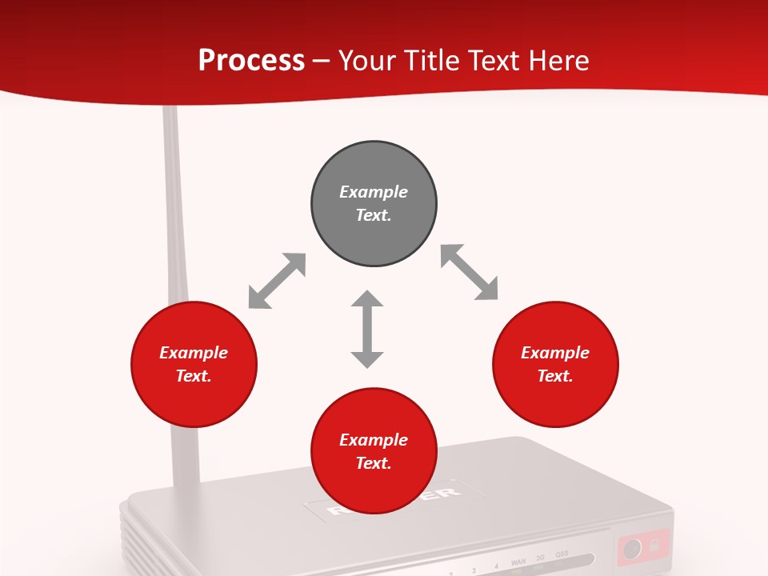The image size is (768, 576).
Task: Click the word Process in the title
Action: click(x=251, y=61)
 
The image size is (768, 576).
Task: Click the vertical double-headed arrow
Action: click(x=367, y=330)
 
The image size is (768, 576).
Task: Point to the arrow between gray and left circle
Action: click(x=277, y=281)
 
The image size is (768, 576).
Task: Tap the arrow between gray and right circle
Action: click(x=470, y=273)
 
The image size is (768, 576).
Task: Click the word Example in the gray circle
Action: click(x=374, y=192)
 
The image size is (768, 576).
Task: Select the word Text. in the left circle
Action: click(x=194, y=376)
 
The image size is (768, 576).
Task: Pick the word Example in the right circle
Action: click(x=555, y=353)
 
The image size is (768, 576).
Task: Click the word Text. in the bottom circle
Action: click(x=374, y=463)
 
